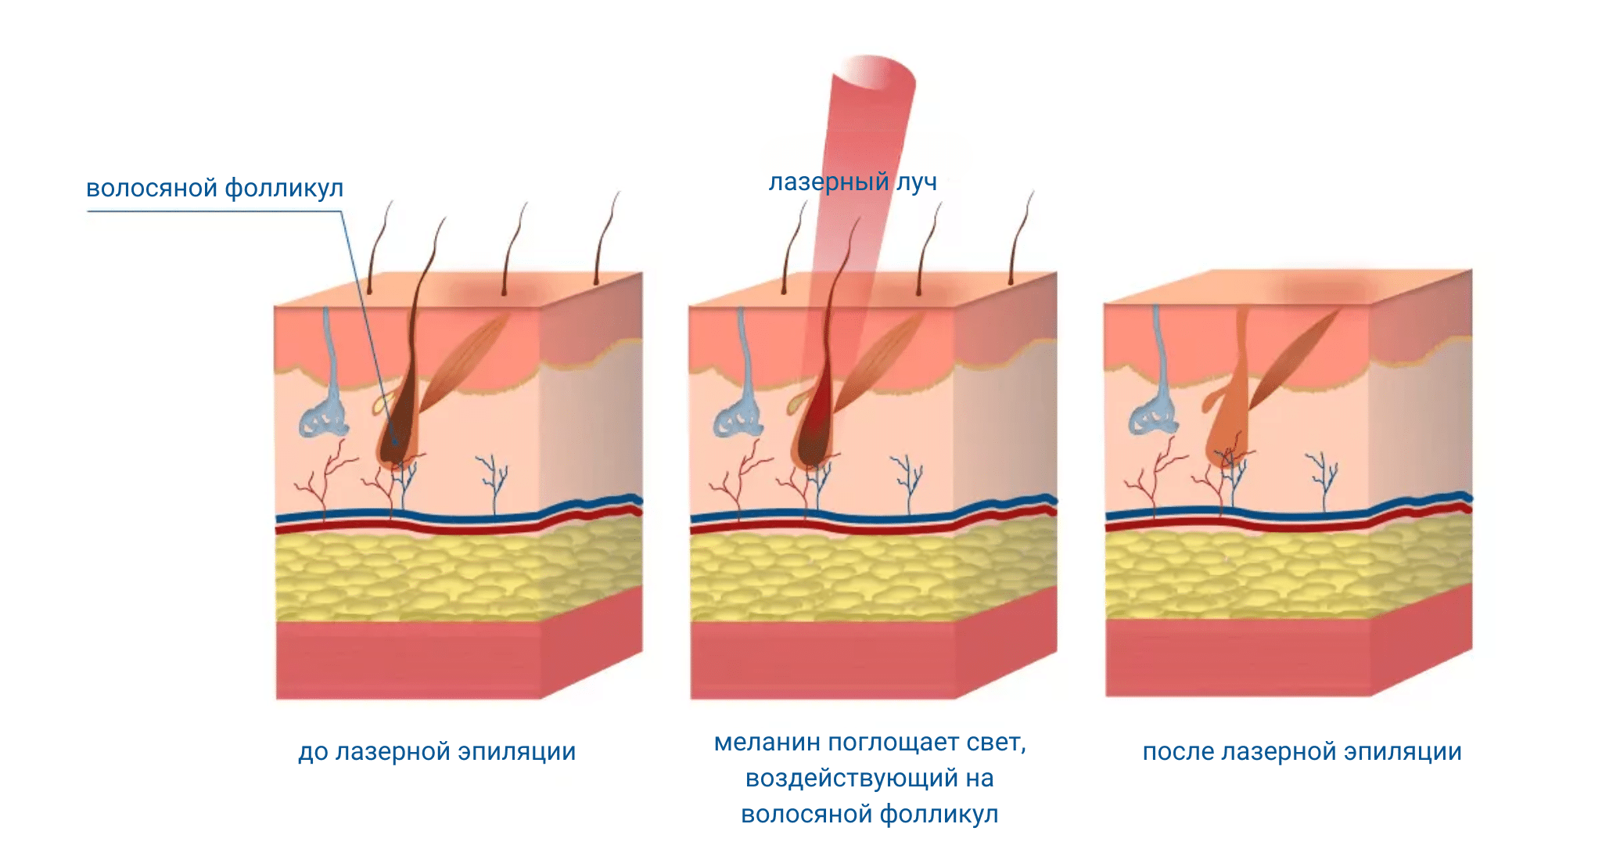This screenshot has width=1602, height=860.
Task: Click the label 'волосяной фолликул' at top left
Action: point(214,189)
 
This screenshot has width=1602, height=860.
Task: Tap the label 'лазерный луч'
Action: point(853,182)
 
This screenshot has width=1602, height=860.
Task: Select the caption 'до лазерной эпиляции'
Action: point(436,751)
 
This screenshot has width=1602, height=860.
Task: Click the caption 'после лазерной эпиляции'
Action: point(1302,751)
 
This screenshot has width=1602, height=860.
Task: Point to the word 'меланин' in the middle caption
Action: point(767,742)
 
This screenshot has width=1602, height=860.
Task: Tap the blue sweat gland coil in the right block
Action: point(1152,419)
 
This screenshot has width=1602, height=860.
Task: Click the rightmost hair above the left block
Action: point(605,235)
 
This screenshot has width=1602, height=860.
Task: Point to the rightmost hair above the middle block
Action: point(1020,235)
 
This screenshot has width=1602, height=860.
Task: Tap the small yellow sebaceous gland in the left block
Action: point(381,404)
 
